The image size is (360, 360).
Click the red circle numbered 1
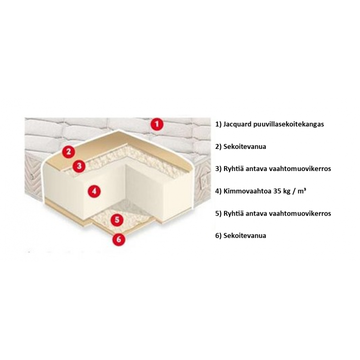(157, 124)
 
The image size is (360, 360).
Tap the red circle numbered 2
(68, 152)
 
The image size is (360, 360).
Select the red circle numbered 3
(79, 166)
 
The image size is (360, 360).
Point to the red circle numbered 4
(94, 191)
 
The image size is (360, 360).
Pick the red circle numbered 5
(117, 220)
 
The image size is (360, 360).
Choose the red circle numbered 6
(119, 239)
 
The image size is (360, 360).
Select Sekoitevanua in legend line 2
(244, 147)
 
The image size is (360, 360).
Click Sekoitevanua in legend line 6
(244, 235)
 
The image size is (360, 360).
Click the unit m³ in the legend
(302, 191)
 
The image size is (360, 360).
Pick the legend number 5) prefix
(218, 213)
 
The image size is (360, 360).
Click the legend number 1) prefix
(218, 125)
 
